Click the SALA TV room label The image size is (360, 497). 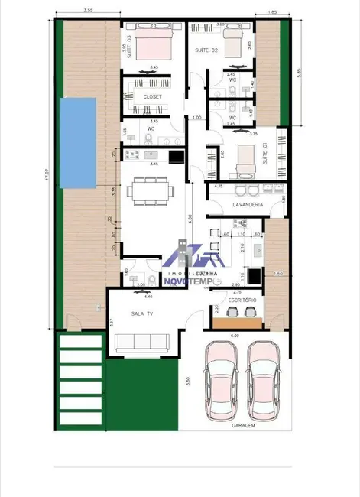(x=138, y=313)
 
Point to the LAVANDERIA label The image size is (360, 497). (x=248, y=205)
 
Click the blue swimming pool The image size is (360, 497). (x=77, y=145)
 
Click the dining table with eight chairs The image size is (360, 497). (x=151, y=190)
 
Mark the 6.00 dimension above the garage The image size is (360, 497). (x=235, y=336)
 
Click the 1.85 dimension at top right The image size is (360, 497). (x=273, y=12)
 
